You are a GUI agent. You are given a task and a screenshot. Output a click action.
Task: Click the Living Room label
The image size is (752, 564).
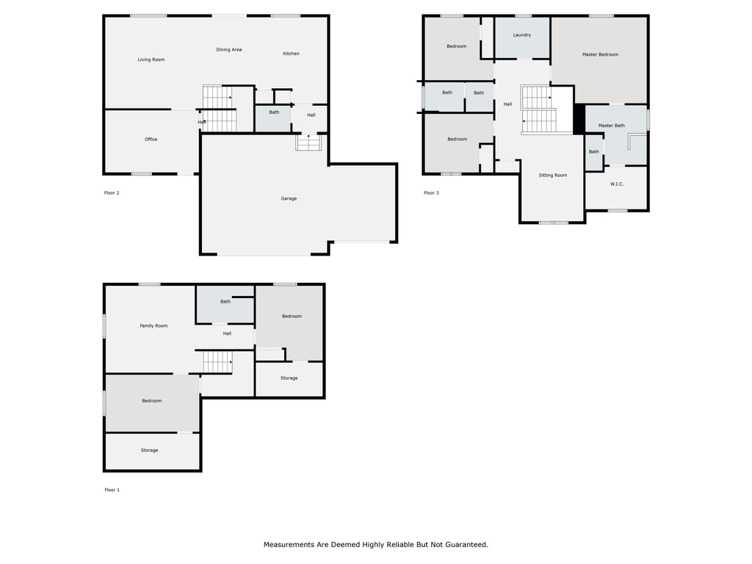[151, 59]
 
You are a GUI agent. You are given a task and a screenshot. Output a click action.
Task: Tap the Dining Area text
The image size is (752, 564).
[229, 50]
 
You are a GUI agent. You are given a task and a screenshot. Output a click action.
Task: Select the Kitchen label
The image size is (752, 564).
[292, 54]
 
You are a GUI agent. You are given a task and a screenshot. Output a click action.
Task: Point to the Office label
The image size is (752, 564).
[151, 140]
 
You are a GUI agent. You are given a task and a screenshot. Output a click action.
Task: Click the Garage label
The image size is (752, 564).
[289, 198]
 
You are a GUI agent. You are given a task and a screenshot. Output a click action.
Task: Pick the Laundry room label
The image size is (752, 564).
[521, 35]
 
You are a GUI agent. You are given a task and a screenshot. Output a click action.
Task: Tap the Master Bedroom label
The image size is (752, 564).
[600, 54]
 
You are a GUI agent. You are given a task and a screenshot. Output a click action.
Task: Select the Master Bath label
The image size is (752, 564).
[611, 126]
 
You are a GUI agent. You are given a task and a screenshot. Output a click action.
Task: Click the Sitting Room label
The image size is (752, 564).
[553, 176]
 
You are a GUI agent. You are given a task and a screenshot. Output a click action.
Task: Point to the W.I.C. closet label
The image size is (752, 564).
[616, 184]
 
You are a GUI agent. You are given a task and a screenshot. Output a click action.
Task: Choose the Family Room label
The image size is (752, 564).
[154, 326]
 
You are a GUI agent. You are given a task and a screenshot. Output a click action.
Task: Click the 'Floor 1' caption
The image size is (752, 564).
[112, 490]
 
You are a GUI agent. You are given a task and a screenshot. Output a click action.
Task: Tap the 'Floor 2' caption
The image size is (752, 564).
[112, 193]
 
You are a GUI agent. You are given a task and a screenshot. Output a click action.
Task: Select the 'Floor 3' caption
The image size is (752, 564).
[431, 193]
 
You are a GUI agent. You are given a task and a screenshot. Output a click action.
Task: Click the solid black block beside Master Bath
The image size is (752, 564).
[579, 119]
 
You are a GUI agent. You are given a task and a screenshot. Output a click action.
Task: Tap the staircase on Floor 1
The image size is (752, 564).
[217, 361]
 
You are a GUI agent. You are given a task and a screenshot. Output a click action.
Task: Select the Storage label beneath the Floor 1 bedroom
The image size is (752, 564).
[149, 451]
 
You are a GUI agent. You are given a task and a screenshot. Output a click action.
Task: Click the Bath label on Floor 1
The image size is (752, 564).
[225, 302]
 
